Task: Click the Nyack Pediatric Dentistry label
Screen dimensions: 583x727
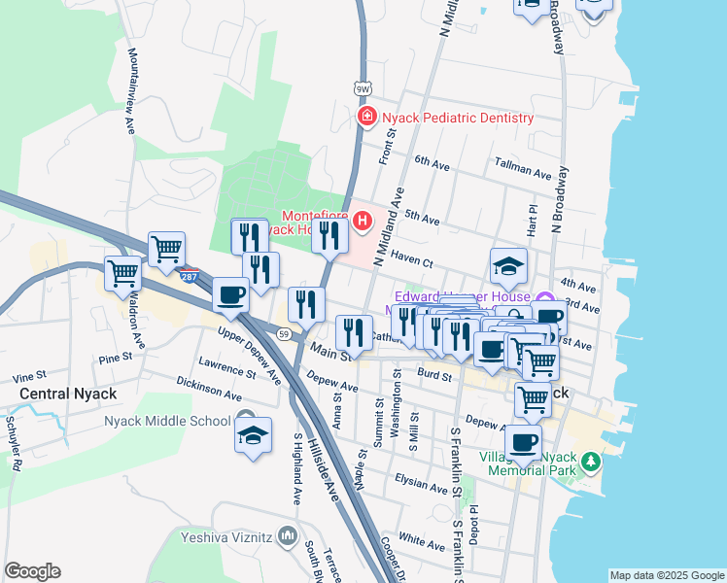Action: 458,118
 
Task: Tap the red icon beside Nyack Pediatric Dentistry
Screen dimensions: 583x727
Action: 367,118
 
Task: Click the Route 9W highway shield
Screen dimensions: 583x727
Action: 362,89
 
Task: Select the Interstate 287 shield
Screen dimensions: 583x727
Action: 191,275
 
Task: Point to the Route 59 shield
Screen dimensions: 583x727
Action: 283,333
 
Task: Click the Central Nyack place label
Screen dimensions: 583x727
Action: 68,394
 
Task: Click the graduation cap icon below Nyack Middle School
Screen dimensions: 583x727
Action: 253,434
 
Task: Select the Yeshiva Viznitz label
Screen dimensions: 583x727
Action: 227,535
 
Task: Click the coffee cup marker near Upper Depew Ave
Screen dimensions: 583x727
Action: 230,294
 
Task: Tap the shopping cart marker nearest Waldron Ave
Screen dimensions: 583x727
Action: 123,273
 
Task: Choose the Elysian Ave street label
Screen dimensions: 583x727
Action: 420,480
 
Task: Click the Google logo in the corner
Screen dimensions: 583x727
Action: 32,571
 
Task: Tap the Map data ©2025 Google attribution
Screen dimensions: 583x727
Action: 666,575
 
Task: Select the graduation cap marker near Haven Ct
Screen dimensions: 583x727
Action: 508,264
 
